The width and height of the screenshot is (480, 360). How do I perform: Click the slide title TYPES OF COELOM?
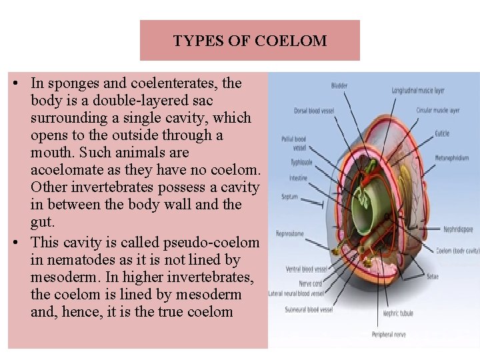click(250, 41)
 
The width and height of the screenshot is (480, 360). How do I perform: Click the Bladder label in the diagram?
click(339, 86)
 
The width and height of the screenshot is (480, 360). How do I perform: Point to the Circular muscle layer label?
click(437, 110)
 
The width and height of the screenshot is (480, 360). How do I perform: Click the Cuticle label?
click(442, 133)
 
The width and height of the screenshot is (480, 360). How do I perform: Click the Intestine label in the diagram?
click(298, 178)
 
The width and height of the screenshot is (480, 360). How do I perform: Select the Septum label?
click(289, 197)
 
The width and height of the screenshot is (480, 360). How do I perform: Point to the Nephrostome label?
click(290, 234)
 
